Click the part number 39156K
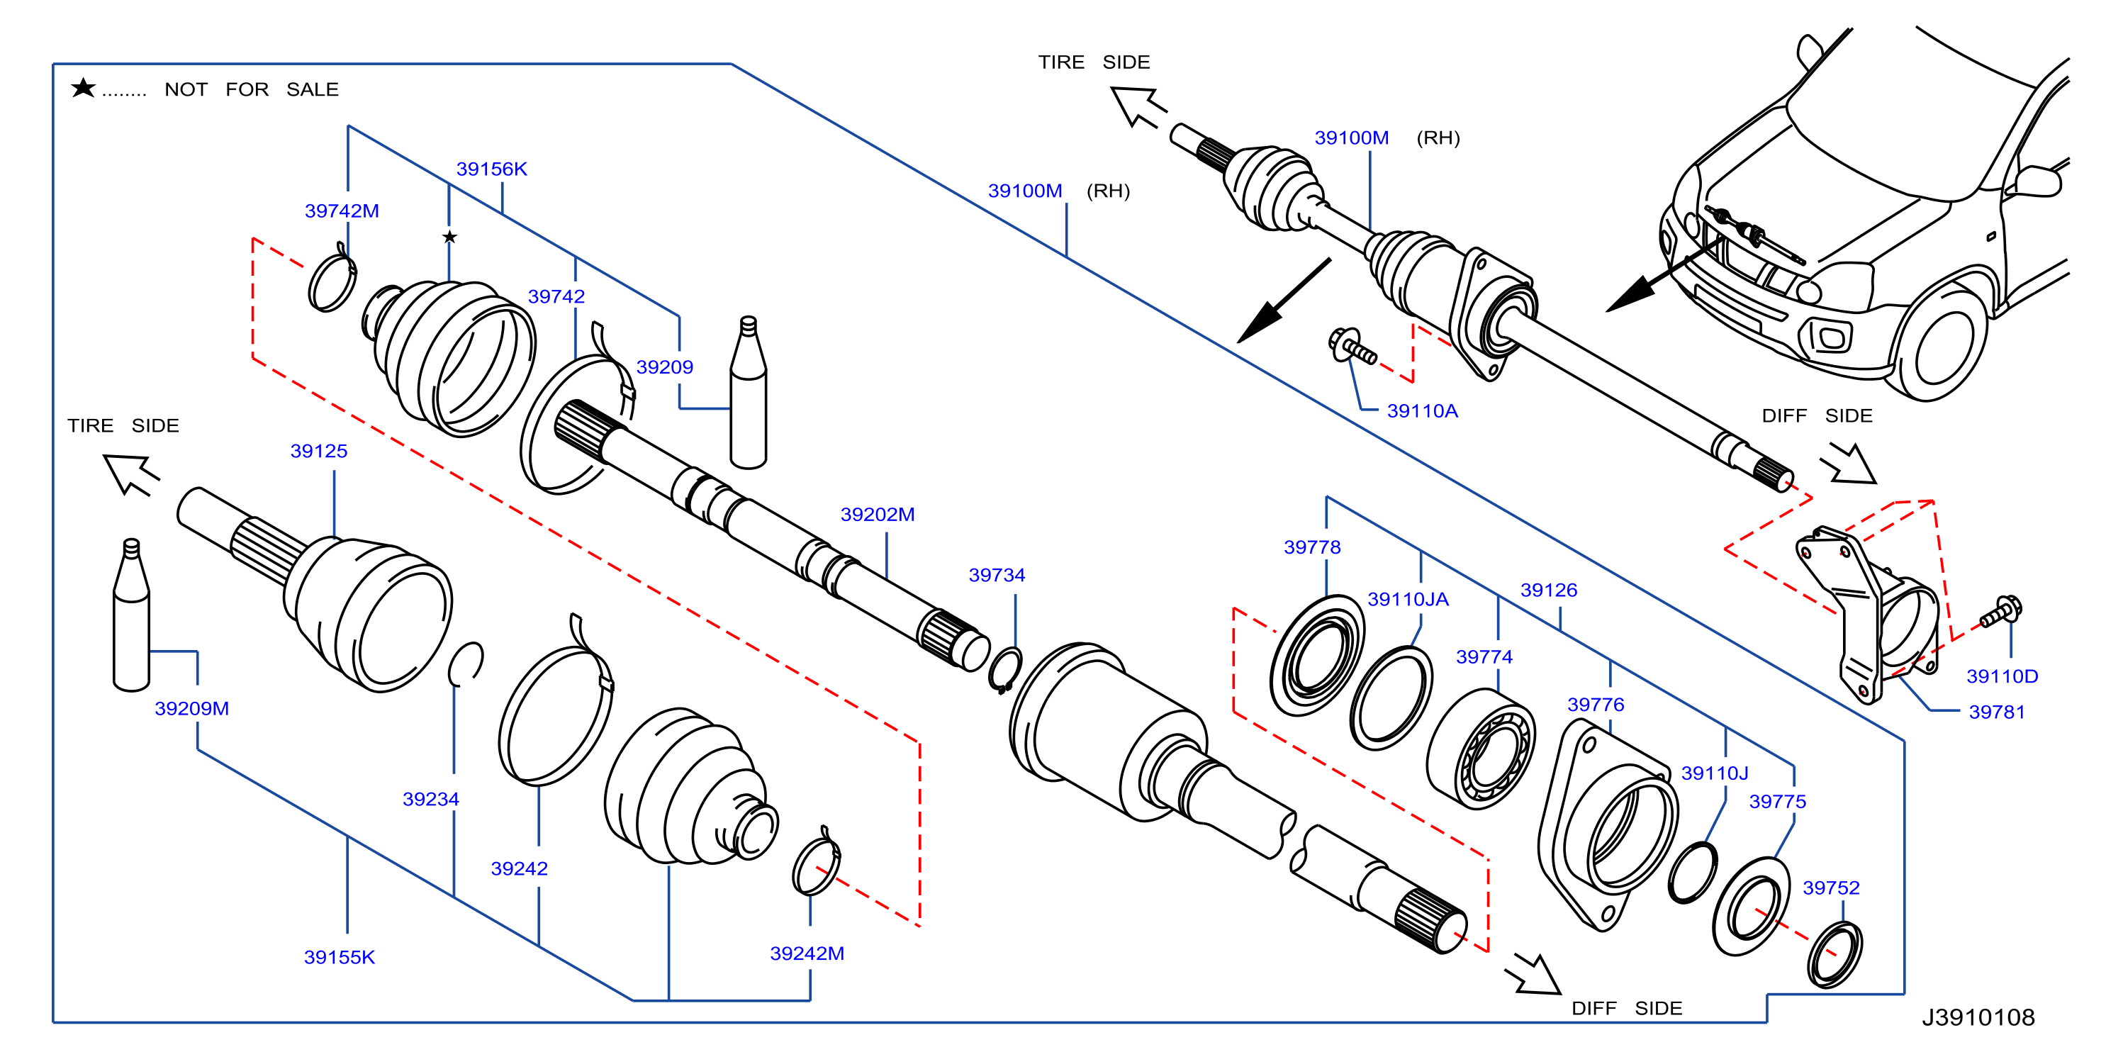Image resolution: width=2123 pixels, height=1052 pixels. tap(491, 169)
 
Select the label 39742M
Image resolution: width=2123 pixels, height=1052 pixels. tap(342, 211)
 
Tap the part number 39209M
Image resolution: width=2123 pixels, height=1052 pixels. tap(192, 708)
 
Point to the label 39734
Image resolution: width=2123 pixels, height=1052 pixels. tap(997, 575)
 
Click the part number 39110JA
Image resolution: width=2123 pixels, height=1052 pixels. tap(1408, 600)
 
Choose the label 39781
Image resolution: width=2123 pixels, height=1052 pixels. tap(1996, 712)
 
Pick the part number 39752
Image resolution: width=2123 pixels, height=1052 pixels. tap(1830, 888)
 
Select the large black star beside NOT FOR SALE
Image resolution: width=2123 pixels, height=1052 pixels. tap(83, 87)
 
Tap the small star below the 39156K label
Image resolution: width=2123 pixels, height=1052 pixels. tap(449, 237)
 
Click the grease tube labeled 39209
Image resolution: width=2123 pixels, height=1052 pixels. tap(749, 393)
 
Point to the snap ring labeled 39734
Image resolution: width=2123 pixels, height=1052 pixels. tap(1005, 669)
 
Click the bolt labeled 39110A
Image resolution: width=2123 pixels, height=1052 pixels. tap(1352, 346)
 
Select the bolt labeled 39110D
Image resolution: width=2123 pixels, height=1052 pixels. tap(2001, 612)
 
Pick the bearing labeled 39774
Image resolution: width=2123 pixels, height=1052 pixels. tap(1481, 749)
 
